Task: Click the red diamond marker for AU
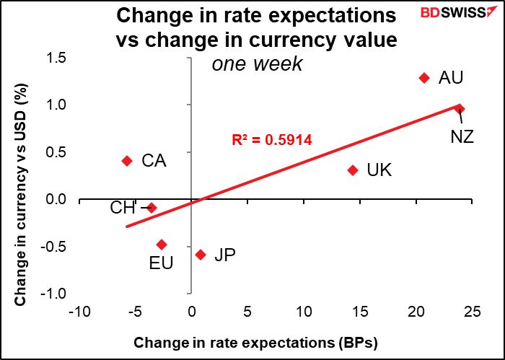(x=424, y=77)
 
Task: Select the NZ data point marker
(x=460, y=109)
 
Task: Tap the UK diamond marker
(x=353, y=170)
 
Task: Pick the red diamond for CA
(x=127, y=161)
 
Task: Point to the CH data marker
(x=151, y=207)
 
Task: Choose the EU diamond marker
(x=162, y=245)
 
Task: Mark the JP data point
(x=201, y=254)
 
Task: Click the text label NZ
(x=462, y=135)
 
